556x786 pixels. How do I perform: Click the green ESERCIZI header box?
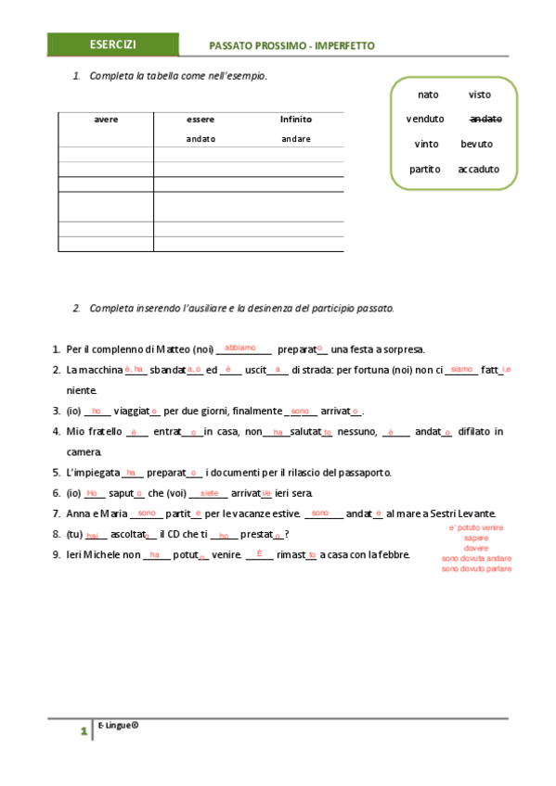(x=113, y=44)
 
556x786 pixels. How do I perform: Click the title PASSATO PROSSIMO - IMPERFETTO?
(x=292, y=45)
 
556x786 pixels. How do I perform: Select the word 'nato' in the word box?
(x=428, y=95)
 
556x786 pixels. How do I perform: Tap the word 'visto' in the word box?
(x=480, y=95)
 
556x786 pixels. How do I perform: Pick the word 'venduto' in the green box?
(x=425, y=119)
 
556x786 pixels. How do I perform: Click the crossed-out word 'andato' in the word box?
(x=485, y=119)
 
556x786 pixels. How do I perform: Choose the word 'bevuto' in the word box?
(x=477, y=144)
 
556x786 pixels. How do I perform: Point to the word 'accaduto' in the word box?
(x=478, y=169)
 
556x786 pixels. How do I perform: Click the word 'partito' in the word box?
(x=424, y=169)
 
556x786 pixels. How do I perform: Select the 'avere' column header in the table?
(x=106, y=120)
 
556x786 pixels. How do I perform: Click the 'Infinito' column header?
(x=296, y=120)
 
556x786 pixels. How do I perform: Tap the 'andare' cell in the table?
(x=296, y=139)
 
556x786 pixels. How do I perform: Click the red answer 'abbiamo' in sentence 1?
(x=240, y=347)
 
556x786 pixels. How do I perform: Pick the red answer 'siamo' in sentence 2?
(x=460, y=368)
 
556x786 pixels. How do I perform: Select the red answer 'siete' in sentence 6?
(x=209, y=493)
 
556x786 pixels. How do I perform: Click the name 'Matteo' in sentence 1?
(x=171, y=349)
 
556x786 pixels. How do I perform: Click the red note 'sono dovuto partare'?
(x=475, y=568)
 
